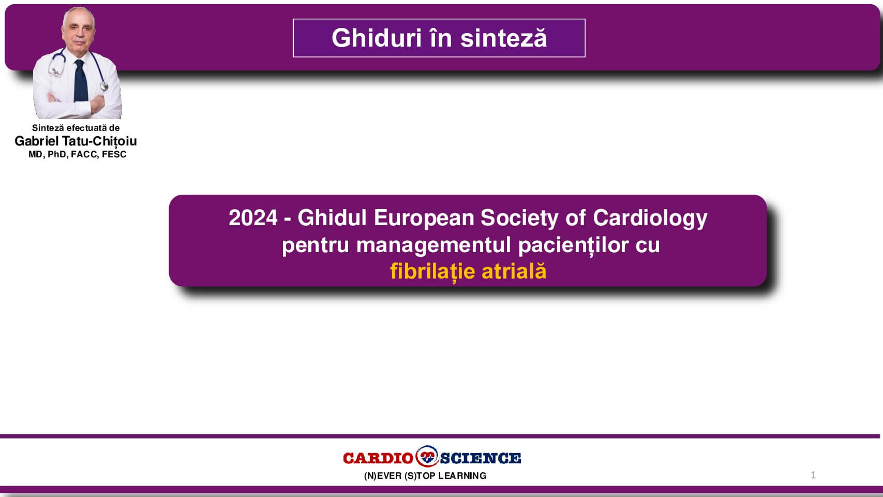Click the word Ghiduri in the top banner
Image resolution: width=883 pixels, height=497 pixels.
377,38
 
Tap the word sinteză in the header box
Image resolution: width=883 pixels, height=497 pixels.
504,38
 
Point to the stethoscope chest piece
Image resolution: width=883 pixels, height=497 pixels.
104,86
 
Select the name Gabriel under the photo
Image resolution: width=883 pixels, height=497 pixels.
37,141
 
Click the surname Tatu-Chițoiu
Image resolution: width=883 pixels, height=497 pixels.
99,141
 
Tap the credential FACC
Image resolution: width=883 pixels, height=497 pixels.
84,155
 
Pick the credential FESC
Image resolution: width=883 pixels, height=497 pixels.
114,155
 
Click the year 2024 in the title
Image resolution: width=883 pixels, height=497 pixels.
253,218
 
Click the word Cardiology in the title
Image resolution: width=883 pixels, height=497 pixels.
650,218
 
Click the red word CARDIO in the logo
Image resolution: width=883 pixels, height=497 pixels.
378,458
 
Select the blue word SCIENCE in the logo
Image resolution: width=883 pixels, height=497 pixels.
481,458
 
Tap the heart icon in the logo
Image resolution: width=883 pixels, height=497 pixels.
427,457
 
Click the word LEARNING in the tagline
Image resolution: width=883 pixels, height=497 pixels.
462,476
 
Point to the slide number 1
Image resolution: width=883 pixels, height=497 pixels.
813,475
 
